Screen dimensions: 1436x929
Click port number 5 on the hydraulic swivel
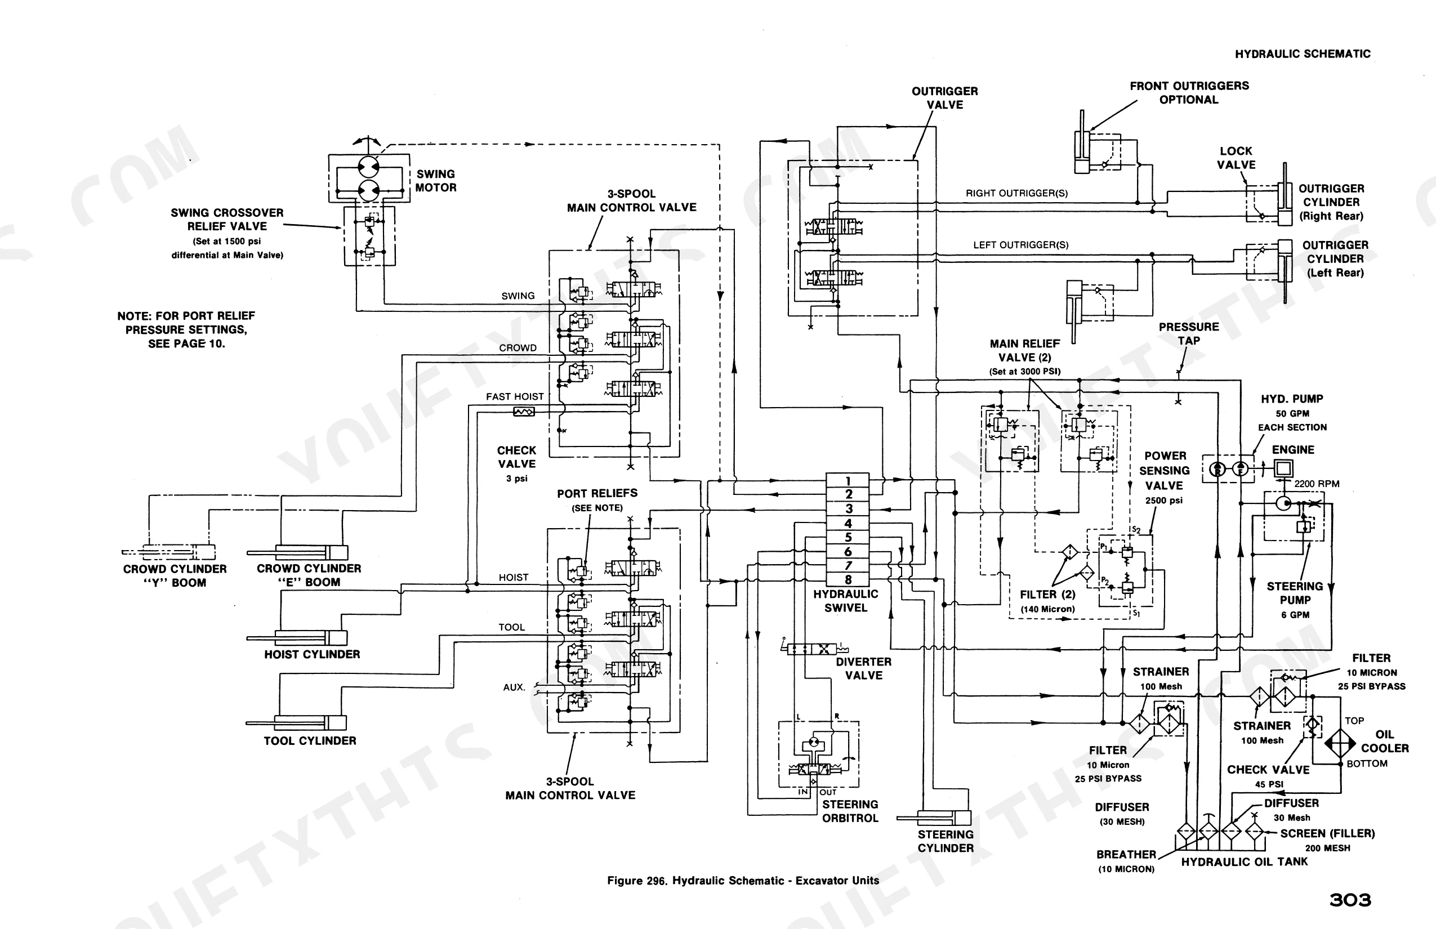click(848, 538)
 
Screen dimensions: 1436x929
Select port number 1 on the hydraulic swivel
click(848, 481)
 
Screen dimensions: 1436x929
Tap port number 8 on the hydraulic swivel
click(848, 580)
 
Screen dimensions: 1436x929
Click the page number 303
click(1350, 901)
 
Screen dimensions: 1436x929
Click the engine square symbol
click(1283, 468)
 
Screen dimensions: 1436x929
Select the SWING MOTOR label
click(436, 181)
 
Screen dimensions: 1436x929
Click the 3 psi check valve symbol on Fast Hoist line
click(523, 412)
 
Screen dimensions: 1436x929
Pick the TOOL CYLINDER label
click(310, 741)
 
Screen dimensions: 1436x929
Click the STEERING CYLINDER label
click(946, 842)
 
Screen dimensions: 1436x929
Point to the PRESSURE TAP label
click(1189, 333)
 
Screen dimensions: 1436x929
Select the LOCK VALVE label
click(1236, 158)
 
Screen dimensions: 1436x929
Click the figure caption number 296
click(657, 881)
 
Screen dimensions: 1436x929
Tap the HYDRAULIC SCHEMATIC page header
click(1303, 53)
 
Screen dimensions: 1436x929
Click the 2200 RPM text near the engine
click(1317, 484)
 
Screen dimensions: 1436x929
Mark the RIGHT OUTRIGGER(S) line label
click(1016, 194)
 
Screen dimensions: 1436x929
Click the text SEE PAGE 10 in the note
click(186, 344)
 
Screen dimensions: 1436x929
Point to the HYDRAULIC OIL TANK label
click(1244, 862)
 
